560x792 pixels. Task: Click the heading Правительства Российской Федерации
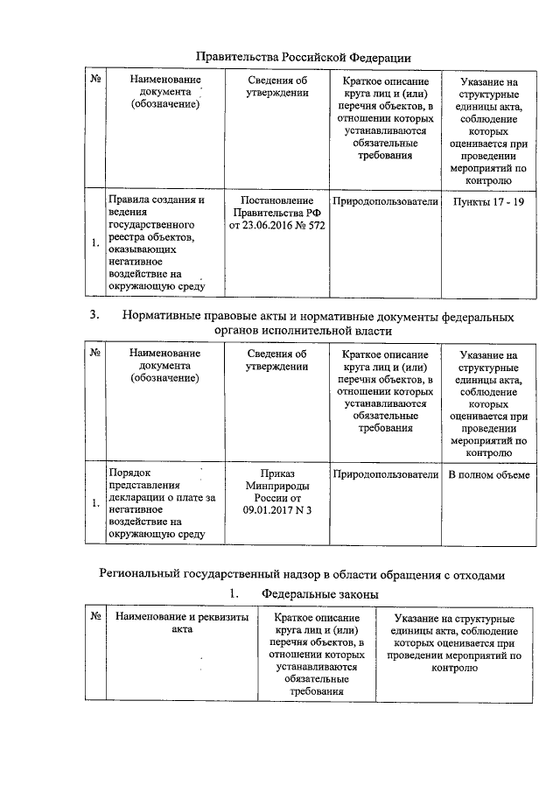(x=303, y=57)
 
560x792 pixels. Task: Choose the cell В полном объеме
(x=489, y=474)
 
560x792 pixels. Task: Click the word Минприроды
(x=277, y=487)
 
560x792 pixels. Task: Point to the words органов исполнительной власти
(x=303, y=332)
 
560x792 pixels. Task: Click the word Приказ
(x=277, y=474)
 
